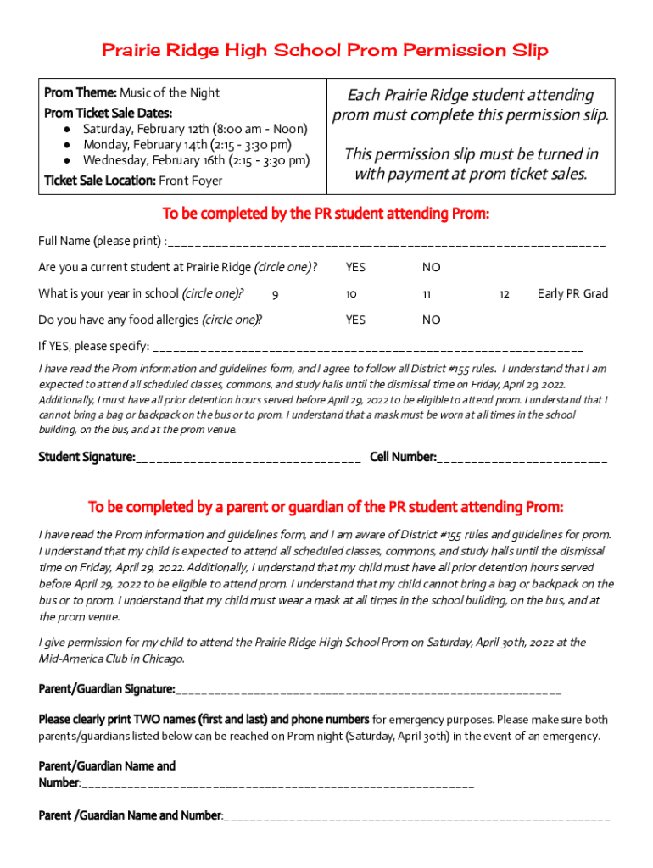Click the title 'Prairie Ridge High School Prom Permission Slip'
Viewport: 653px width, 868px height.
point(326,51)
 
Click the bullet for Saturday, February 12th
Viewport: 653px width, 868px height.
point(67,130)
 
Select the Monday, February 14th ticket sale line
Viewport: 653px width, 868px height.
point(187,145)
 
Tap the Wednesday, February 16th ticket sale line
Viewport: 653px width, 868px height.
point(196,160)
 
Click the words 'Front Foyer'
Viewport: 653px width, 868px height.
point(191,180)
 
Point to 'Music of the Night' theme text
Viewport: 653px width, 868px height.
point(170,92)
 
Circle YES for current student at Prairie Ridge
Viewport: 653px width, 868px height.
point(355,268)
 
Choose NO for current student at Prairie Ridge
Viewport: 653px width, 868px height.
point(432,268)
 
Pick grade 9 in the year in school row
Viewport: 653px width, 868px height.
point(275,294)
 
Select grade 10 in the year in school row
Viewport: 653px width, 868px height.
point(351,294)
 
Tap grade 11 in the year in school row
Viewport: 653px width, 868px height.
point(427,294)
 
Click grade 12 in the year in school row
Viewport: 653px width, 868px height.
point(504,294)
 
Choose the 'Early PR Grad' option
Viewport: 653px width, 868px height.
point(572,294)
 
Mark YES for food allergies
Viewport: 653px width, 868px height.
point(355,320)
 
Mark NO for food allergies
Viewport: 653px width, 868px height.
point(432,320)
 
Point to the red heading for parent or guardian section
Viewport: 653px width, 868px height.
point(326,507)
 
